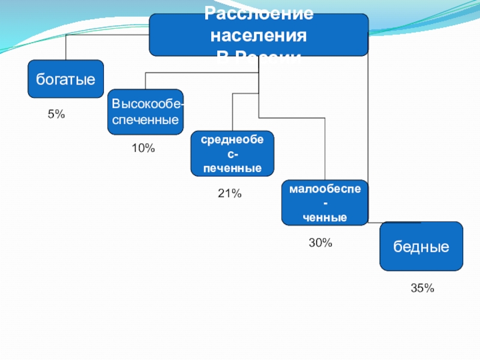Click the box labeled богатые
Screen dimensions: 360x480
tap(65, 79)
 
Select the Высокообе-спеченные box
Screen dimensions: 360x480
tap(145, 112)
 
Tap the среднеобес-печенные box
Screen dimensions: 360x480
tap(232, 154)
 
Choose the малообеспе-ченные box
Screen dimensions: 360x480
tap(325, 203)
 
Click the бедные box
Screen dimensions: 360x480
tap(421, 246)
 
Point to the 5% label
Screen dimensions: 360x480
tap(56, 114)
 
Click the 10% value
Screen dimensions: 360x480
tap(143, 148)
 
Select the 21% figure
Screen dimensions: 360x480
tap(229, 193)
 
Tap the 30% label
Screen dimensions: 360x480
tap(320, 243)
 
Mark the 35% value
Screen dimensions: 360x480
tap(422, 289)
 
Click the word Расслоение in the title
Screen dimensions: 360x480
tap(259, 13)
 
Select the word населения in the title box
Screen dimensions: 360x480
tap(259, 35)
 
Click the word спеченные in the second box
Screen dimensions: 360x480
tap(145, 120)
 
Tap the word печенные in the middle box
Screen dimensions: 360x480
tap(232, 169)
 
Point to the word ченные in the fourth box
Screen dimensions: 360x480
tap(325, 217)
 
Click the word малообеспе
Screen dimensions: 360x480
tap(325, 189)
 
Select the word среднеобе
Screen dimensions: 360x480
tap(232, 140)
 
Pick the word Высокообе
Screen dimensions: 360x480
tap(146, 104)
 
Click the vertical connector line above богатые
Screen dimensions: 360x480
tap(66, 47)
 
